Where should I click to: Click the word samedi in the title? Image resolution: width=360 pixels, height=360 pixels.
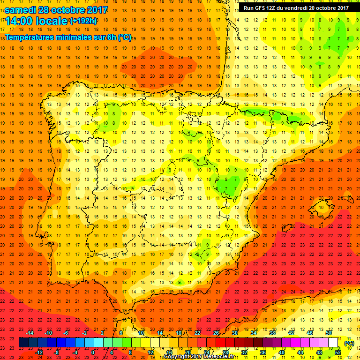(21, 10)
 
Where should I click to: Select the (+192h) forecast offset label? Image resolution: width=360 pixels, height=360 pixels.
(83, 21)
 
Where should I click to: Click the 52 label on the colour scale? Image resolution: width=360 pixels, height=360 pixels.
(338, 352)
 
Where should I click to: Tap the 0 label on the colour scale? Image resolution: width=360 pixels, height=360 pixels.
(93, 352)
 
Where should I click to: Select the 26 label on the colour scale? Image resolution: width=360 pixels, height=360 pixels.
(216, 333)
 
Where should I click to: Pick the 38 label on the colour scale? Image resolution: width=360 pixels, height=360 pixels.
(272, 333)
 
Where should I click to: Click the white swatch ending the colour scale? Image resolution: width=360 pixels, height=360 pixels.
(333, 343)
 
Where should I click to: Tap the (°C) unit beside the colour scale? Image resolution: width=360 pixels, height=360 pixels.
(349, 343)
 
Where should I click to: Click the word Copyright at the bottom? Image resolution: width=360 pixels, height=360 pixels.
(177, 357)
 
